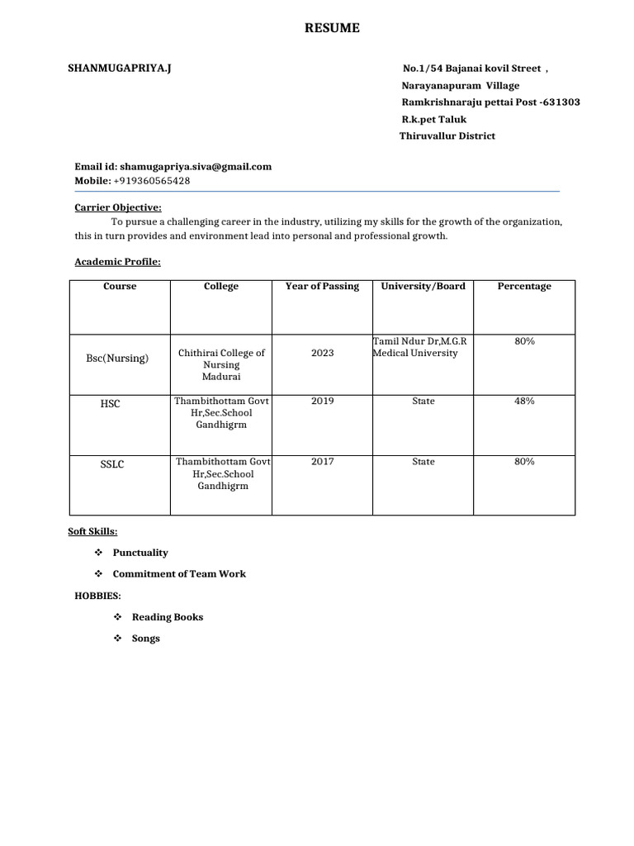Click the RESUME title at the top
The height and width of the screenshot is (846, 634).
pyautogui.click(x=333, y=29)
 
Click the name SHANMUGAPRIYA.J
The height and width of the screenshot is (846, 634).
pyautogui.click(x=120, y=68)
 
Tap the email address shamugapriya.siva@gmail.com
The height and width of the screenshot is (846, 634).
pyautogui.click(x=196, y=166)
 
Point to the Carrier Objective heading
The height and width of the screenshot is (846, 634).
pyautogui.click(x=118, y=207)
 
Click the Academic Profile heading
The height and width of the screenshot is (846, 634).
pyautogui.click(x=117, y=262)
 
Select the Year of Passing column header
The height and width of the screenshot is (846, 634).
pyautogui.click(x=322, y=287)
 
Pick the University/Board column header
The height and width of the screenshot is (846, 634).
pyautogui.click(x=423, y=287)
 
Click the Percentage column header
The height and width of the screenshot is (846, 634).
pyautogui.click(x=524, y=287)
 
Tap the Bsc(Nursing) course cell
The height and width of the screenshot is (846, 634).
pyautogui.click(x=118, y=359)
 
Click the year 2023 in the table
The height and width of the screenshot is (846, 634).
pyautogui.click(x=322, y=353)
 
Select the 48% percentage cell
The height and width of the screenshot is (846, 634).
pyautogui.click(x=524, y=401)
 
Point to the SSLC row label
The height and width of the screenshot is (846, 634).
pyautogui.click(x=111, y=464)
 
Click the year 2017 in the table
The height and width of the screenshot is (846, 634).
pyautogui.click(x=322, y=462)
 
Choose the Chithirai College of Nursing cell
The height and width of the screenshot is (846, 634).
pyautogui.click(x=221, y=364)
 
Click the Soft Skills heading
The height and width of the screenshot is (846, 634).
pyautogui.click(x=92, y=531)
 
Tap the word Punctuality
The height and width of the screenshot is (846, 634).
pyautogui.click(x=140, y=553)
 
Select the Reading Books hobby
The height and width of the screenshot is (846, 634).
pyautogui.click(x=168, y=617)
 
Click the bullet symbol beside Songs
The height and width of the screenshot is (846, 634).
pyautogui.click(x=117, y=639)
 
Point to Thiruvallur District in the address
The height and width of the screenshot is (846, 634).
pyautogui.click(x=447, y=136)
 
